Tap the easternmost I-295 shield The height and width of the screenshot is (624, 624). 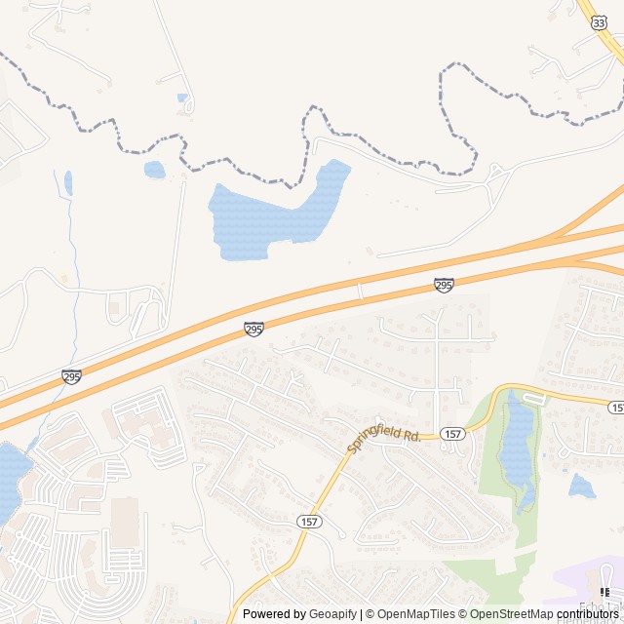[444, 285]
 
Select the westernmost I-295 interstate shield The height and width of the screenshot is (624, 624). [71, 376]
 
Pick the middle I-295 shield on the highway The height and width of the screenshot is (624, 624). [253, 330]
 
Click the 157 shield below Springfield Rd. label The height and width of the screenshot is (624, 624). [309, 524]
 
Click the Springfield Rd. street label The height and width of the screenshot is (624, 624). [384, 440]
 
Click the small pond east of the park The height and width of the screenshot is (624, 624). [582, 485]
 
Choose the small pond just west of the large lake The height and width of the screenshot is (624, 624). [155, 170]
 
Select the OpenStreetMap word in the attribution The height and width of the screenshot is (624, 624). [508, 614]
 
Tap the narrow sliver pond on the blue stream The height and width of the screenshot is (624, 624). [68, 182]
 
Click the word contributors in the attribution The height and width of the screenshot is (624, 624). [589, 614]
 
